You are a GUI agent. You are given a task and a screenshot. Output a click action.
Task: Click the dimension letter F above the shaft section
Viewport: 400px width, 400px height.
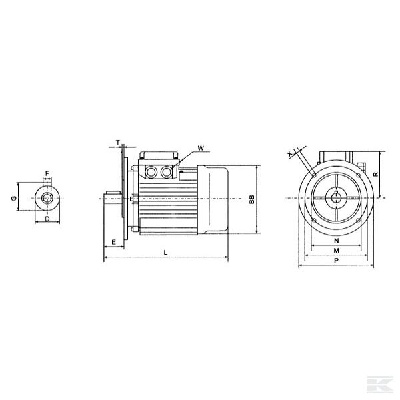coord(47,174)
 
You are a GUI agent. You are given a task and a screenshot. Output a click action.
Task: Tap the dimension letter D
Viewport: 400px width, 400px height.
coord(47,218)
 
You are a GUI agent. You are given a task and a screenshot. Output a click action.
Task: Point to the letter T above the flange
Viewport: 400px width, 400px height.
coord(118,142)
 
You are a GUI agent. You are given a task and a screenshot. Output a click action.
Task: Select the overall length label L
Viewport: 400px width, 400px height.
coord(165,251)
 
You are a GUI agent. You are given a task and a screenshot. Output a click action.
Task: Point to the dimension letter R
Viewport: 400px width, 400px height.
coord(376,174)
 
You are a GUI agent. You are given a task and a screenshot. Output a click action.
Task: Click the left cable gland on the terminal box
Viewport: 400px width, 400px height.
coord(151,171)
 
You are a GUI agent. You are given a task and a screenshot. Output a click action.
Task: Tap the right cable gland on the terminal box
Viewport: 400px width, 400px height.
coord(166,171)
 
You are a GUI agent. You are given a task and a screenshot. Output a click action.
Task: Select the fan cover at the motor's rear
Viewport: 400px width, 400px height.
coord(215,199)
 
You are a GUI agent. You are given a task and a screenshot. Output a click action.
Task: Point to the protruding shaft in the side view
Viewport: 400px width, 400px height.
coord(111,198)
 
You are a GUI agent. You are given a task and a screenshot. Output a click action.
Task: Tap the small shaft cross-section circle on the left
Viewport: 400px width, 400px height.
coord(47,197)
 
